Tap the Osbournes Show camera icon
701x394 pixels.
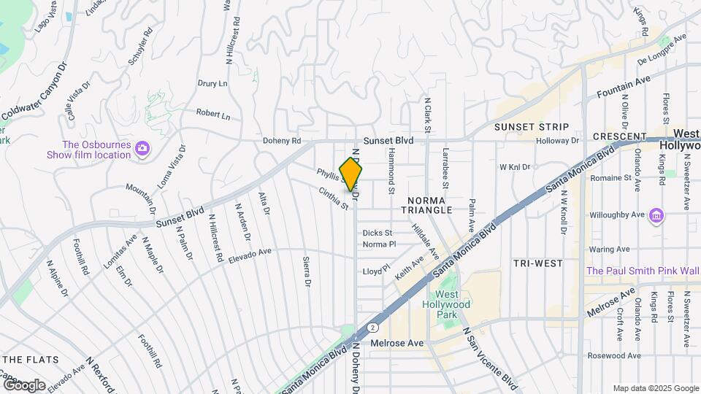[142, 150]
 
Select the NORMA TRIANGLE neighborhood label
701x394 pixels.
[426, 204]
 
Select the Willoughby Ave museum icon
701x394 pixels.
[656, 215]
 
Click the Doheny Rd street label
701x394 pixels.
[283, 141]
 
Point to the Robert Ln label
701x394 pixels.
[212, 115]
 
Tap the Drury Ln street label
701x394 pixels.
[212, 84]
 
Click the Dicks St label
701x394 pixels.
[378, 233]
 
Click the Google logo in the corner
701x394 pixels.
[24, 385]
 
